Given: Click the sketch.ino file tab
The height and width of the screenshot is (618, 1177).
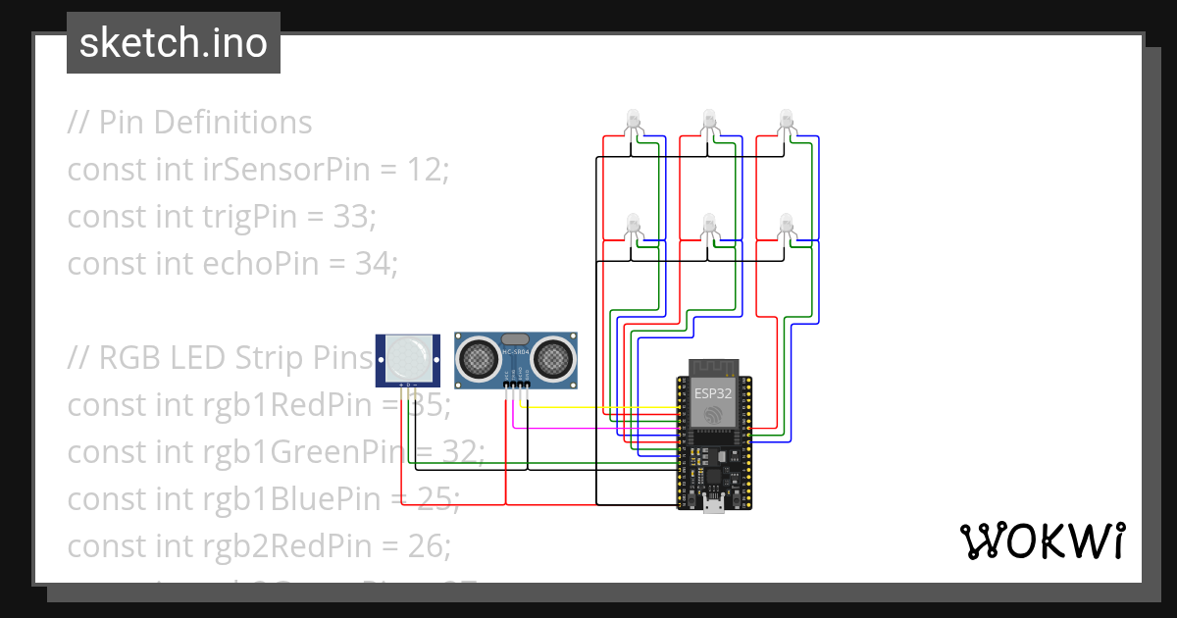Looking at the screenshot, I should tap(174, 43).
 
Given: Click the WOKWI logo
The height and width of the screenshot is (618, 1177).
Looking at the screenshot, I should tap(1042, 541).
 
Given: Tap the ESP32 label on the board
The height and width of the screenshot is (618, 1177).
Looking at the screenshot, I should tap(713, 392).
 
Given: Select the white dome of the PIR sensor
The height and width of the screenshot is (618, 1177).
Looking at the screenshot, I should tap(407, 357).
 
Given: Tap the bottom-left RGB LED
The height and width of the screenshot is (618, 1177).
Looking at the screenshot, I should tap(633, 224).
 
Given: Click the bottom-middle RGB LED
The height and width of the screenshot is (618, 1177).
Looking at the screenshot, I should tap(708, 224).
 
